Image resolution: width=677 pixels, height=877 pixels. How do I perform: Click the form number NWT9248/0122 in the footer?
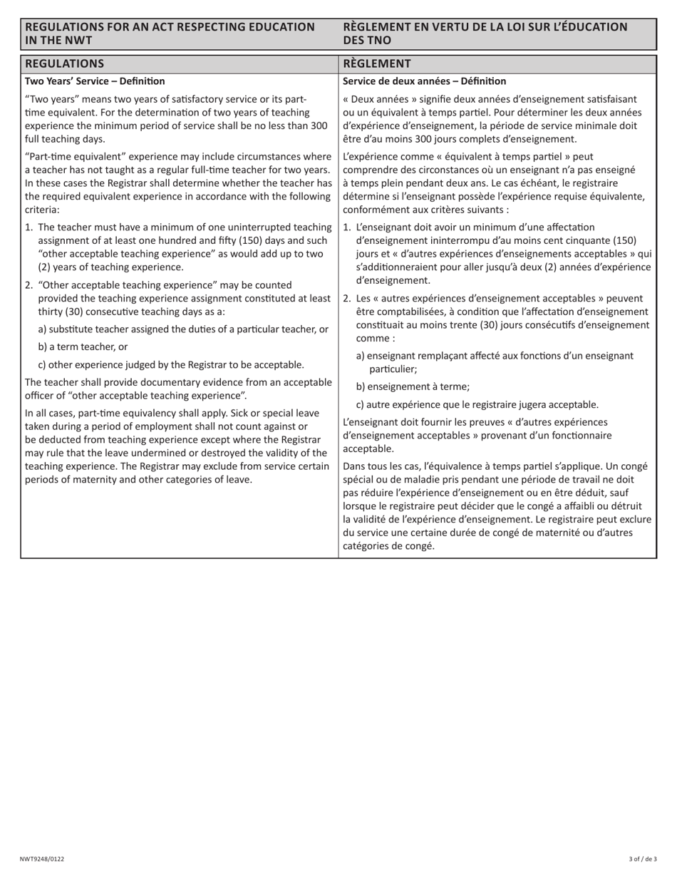[x=46, y=859]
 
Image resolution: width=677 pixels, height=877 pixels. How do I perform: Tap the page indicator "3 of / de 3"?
[x=643, y=859]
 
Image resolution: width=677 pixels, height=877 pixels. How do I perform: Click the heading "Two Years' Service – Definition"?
[x=95, y=81]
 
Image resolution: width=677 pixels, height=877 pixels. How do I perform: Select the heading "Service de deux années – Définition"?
[x=425, y=81]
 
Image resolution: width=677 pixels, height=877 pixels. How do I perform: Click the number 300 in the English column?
[x=319, y=125]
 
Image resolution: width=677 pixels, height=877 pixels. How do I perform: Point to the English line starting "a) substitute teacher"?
[x=183, y=329]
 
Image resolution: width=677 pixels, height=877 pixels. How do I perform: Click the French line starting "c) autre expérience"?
[x=477, y=404]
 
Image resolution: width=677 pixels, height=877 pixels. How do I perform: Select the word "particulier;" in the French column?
[x=393, y=369]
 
